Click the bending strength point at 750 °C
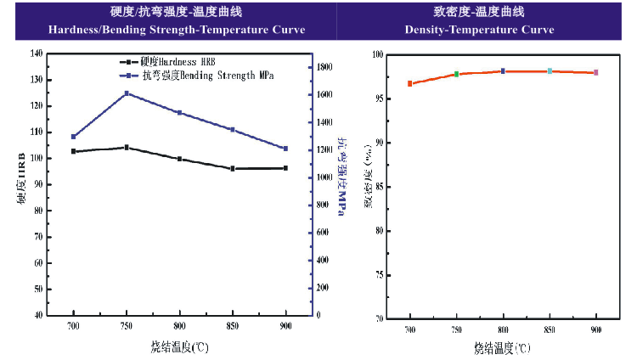click(127, 93)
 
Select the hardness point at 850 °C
click(232, 169)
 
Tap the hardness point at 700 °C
click(74, 151)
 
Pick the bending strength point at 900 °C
click(285, 149)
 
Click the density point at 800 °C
click(503, 71)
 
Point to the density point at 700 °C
click(409, 84)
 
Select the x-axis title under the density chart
click(502, 346)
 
